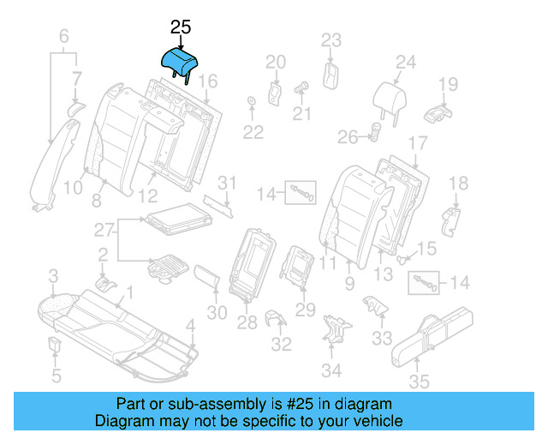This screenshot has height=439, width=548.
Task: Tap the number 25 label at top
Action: point(181,27)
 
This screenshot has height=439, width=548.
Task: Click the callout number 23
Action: point(331,39)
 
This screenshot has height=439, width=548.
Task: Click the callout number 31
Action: point(225,182)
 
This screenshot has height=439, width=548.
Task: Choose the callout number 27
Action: point(104,229)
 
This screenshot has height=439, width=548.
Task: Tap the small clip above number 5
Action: point(53,345)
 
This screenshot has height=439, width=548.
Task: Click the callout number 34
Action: point(331,370)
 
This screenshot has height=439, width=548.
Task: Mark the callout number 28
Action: point(247,322)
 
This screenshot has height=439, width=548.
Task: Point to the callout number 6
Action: point(63,36)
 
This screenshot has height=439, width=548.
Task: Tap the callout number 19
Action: point(449,84)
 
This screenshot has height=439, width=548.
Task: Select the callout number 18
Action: point(459,183)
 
